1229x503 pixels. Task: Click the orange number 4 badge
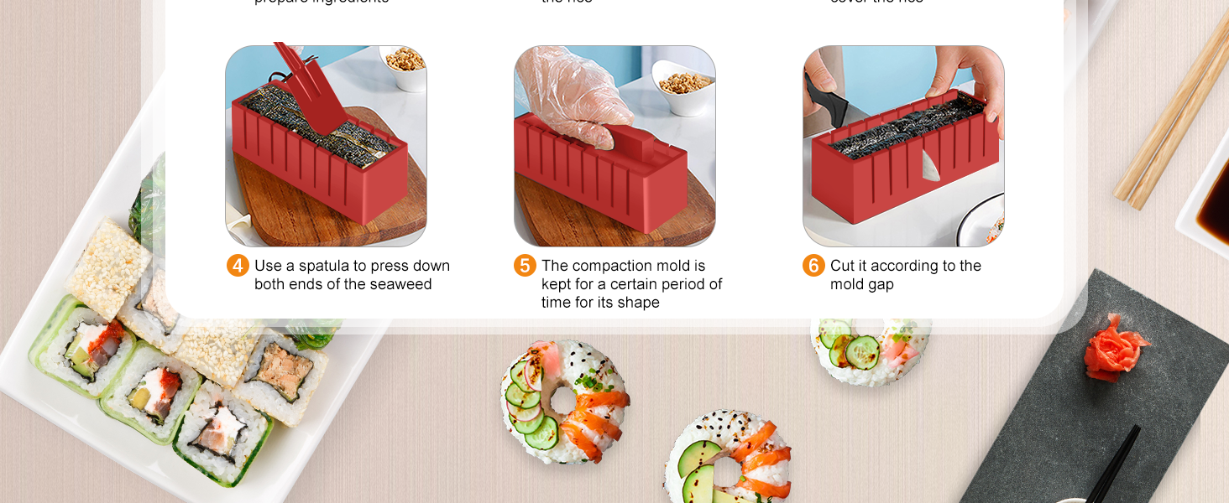tap(238, 266)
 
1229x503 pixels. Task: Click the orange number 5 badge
tap(525, 266)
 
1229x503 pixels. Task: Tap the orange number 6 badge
tap(813, 266)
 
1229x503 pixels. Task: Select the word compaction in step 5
tap(609, 266)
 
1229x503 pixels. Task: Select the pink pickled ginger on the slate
tap(1113, 347)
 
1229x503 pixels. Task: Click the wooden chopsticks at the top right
tap(1171, 117)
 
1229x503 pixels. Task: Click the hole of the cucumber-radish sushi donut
tap(562, 401)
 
